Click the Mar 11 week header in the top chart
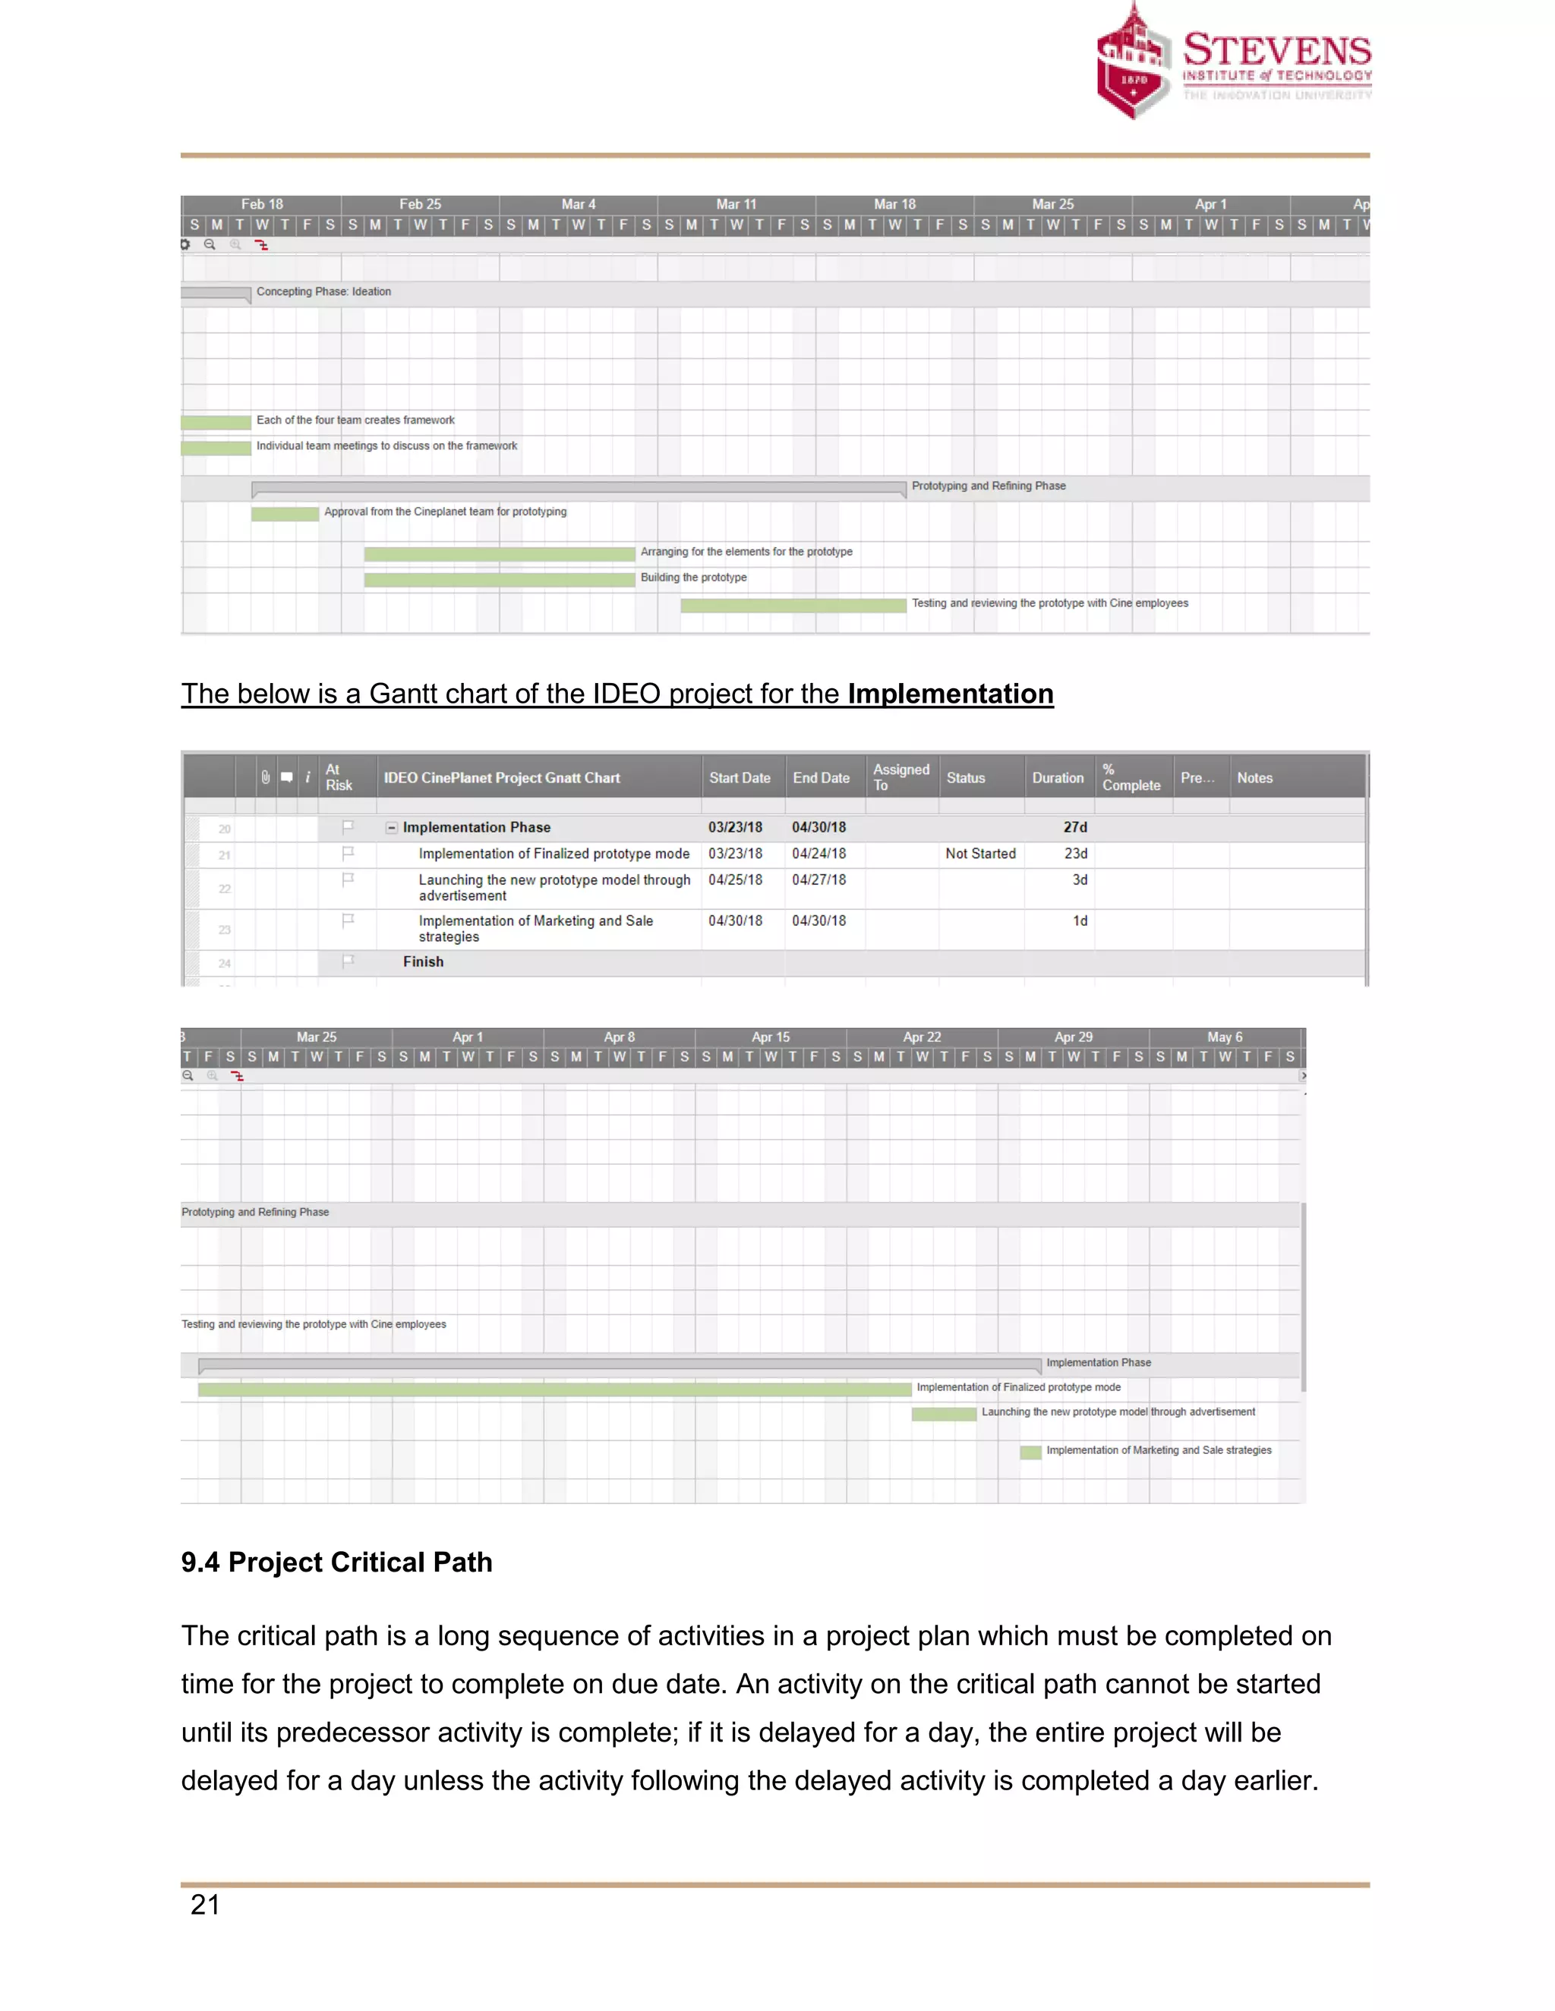coord(736,204)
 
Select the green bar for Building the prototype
coord(500,579)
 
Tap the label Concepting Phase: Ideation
coord(323,292)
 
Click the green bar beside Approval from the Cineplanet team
coord(285,514)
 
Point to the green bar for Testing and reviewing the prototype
coord(793,605)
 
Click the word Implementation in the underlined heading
coord(950,694)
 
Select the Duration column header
coord(1058,778)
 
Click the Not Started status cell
coord(980,854)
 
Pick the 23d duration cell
coord(1075,854)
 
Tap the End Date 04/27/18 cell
coord(819,880)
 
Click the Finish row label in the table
coord(423,961)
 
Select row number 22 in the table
coord(225,889)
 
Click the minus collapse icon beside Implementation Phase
coord(392,828)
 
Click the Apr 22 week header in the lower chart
coord(921,1037)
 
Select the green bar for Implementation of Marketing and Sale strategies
coord(1030,1452)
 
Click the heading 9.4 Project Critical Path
coord(336,1563)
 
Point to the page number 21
coord(204,1904)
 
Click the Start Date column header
coord(739,778)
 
